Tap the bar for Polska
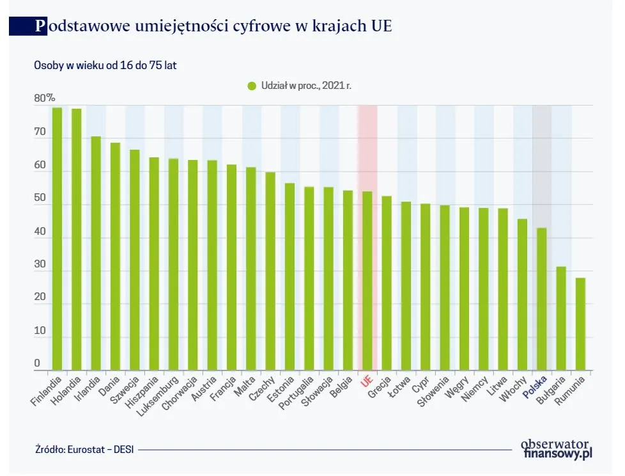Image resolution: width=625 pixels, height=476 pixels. pyautogui.click(x=541, y=299)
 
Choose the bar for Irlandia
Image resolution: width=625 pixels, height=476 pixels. pyautogui.click(x=96, y=253)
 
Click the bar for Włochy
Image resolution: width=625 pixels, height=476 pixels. pyautogui.click(x=522, y=294)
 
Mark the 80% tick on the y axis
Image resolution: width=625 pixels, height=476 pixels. pyautogui.click(x=45, y=99)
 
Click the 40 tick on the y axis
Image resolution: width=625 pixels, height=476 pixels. pyautogui.click(x=40, y=232)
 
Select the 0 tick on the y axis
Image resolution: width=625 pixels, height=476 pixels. pyautogui.click(x=37, y=363)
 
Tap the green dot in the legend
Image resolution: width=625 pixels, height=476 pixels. pyautogui.click(x=251, y=85)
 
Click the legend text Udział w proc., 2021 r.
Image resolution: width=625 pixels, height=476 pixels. pyautogui.click(x=305, y=85)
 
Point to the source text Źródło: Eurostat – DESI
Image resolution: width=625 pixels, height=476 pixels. pyautogui.click(x=86, y=450)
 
